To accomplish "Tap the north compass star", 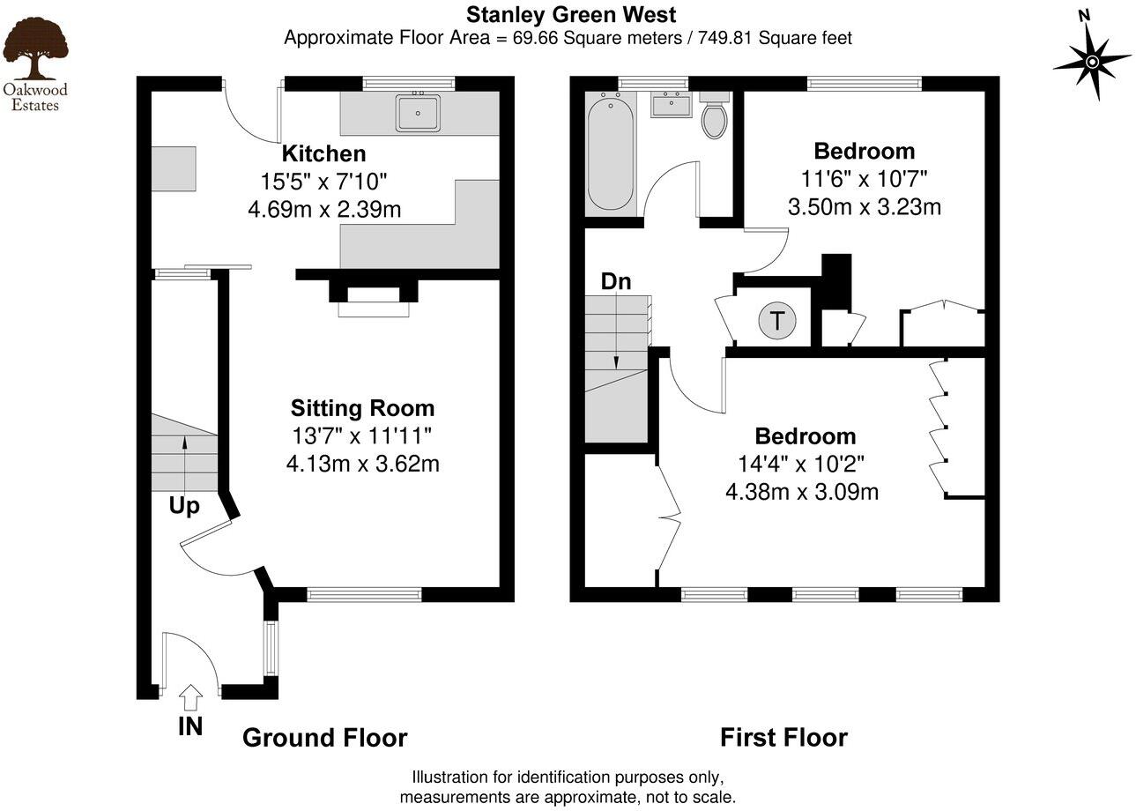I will (1092, 62).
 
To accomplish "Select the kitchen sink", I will (418, 113).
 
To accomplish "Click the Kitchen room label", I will (323, 154).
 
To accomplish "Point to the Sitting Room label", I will (362, 408).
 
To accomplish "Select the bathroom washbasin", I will (671, 107).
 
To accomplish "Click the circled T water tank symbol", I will (776, 321).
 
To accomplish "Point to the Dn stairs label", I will (616, 282).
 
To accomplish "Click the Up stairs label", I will (184, 506).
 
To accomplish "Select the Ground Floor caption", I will (324, 738).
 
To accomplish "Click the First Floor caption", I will (783, 738).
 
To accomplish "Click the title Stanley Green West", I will (571, 15).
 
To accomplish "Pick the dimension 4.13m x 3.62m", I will (362, 464).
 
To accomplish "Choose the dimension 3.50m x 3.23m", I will (864, 207).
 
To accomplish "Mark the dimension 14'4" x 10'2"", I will (801, 464).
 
